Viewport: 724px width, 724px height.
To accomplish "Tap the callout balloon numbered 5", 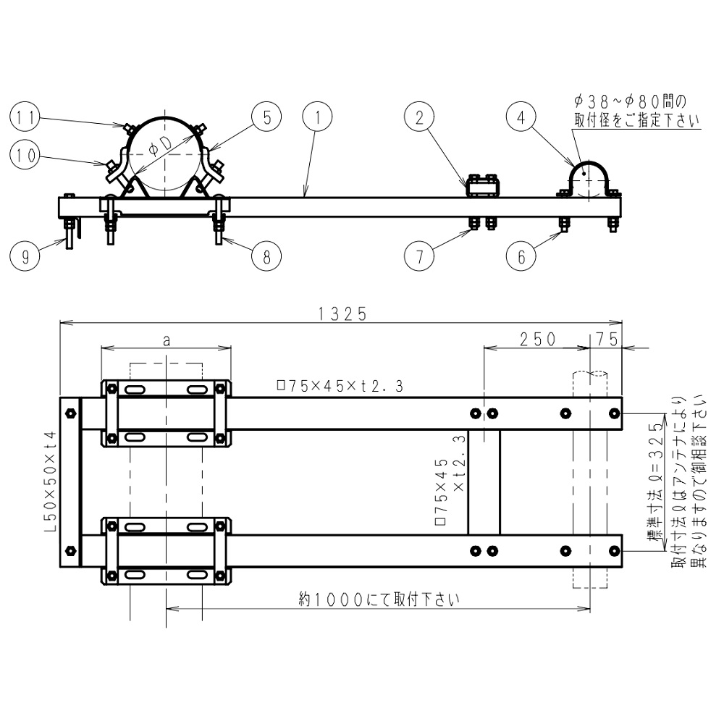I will pos(266,117).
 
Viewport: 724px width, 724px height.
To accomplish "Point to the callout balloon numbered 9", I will pos(26,258).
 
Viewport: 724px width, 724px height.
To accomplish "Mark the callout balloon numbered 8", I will pos(266,258).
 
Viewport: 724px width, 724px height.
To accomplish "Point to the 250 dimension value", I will pos(536,338).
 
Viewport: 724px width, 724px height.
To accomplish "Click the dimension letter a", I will pos(167,340).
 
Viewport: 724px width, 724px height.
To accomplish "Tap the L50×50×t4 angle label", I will pos(50,481).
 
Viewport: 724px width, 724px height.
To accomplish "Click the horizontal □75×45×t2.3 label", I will pos(340,386).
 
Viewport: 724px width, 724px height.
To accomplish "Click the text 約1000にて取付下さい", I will pos(379,599).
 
